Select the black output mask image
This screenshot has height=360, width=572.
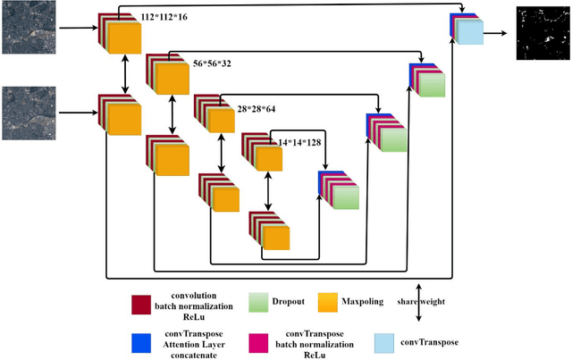543,33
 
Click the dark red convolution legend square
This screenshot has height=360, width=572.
140,304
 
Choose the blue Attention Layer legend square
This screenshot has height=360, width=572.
140,340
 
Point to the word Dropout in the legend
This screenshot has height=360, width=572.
289,301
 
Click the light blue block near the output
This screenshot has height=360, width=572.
470,33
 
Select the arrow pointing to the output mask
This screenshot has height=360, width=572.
500,33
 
